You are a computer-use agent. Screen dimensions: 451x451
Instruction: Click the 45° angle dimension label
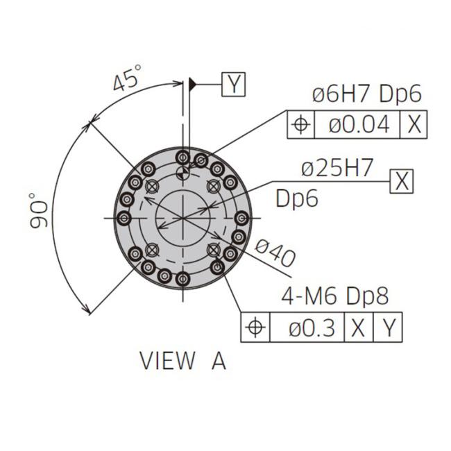127,78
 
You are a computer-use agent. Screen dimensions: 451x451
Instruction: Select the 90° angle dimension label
38,211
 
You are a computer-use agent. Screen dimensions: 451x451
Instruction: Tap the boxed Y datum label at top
234,84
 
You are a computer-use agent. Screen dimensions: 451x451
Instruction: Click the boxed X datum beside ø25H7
402,181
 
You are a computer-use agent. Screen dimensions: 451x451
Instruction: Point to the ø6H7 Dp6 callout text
367,94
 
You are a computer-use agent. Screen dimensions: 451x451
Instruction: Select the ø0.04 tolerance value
359,124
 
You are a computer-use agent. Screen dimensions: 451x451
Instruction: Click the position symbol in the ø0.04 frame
301,124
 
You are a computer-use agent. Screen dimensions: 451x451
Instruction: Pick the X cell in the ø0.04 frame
414,124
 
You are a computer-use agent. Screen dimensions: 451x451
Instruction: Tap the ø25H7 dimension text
337,168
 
